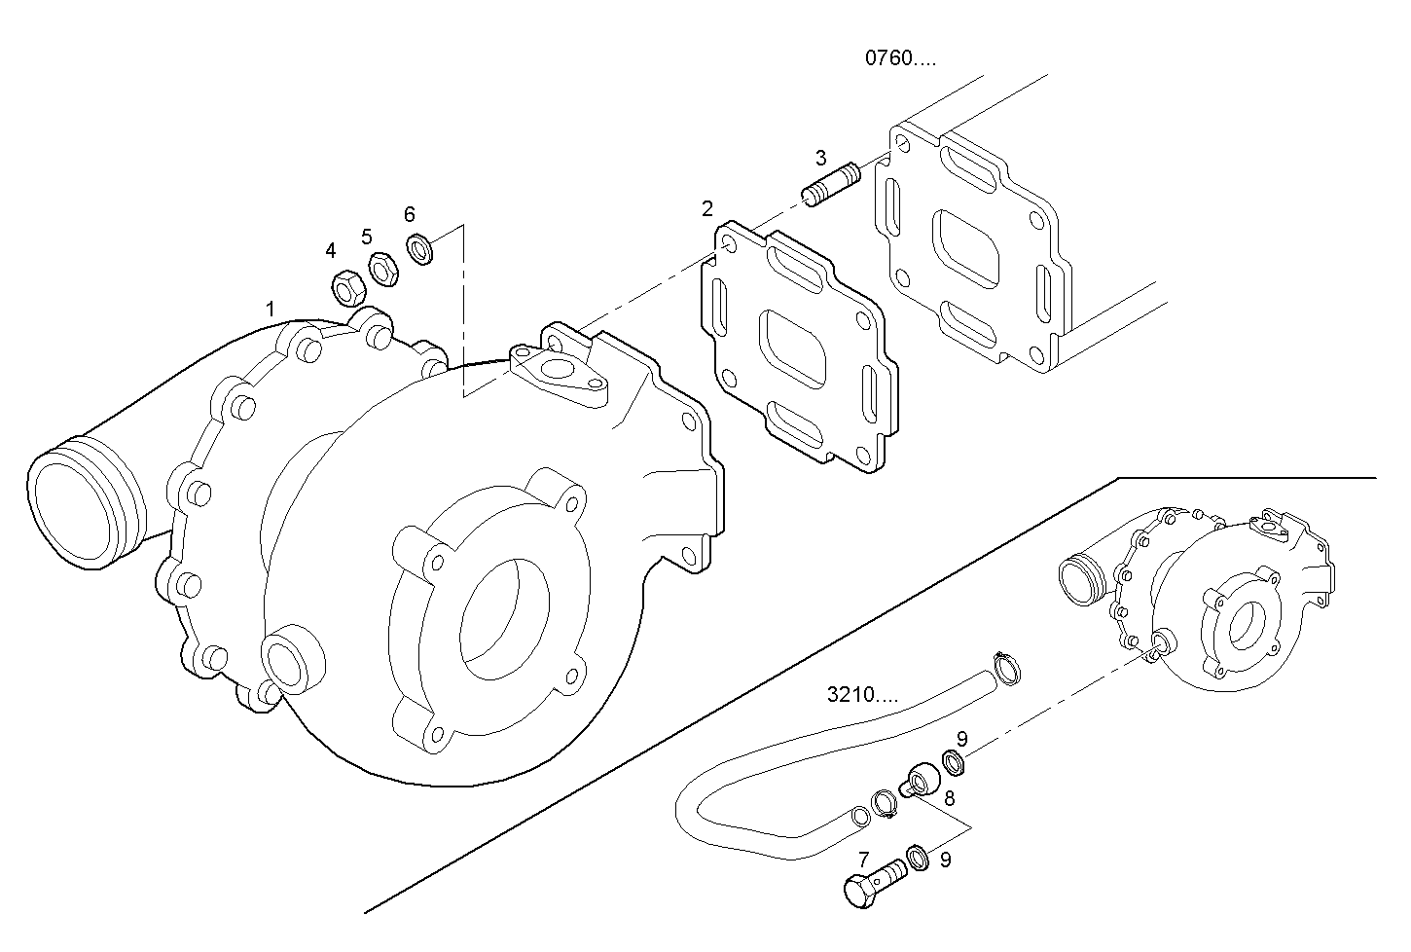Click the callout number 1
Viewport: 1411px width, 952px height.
pyautogui.click(x=271, y=309)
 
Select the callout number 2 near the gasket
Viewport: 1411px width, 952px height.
pyautogui.click(x=706, y=207)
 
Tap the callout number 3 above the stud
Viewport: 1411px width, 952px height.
pyautogui.click(x=820, y=157)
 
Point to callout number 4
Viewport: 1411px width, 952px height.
pyautogui.click(x=331, y=250)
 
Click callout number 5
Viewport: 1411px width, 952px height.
pyautogui.click(x=367, y=236)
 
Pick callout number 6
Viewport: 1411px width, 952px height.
pyautogui.click(x=410, y=213)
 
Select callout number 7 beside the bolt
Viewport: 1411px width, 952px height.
pyautogui.click(x=863, y=860)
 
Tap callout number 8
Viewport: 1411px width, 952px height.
pyautogui.click(x=949, y=797)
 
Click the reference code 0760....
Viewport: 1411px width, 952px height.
pyautogui.click(x=900, y=57)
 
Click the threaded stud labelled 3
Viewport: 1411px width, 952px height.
pyautogui.click(x=831, y=185)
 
